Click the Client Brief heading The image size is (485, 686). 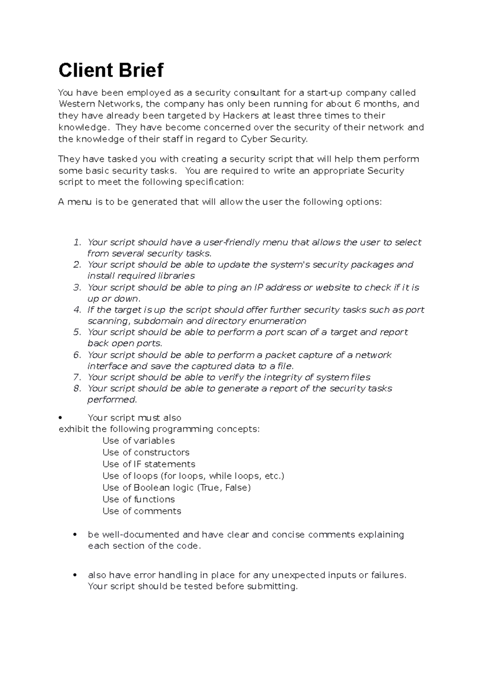tap(111, 70)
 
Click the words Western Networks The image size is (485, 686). tap(99, 104)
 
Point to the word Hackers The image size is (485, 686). tap(240, 116)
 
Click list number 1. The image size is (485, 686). tap(77, 242)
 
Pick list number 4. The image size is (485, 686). tap(77, 310)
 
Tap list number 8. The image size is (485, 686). tap(77, 388)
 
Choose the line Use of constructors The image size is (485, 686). tap(146, 452)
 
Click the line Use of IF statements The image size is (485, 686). tap(149, 464)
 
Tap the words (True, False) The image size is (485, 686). tap(224, 488)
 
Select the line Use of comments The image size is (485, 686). tap(142, 511)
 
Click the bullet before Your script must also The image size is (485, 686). tap(60, 418)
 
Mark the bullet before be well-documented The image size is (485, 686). tap(75, 535)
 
